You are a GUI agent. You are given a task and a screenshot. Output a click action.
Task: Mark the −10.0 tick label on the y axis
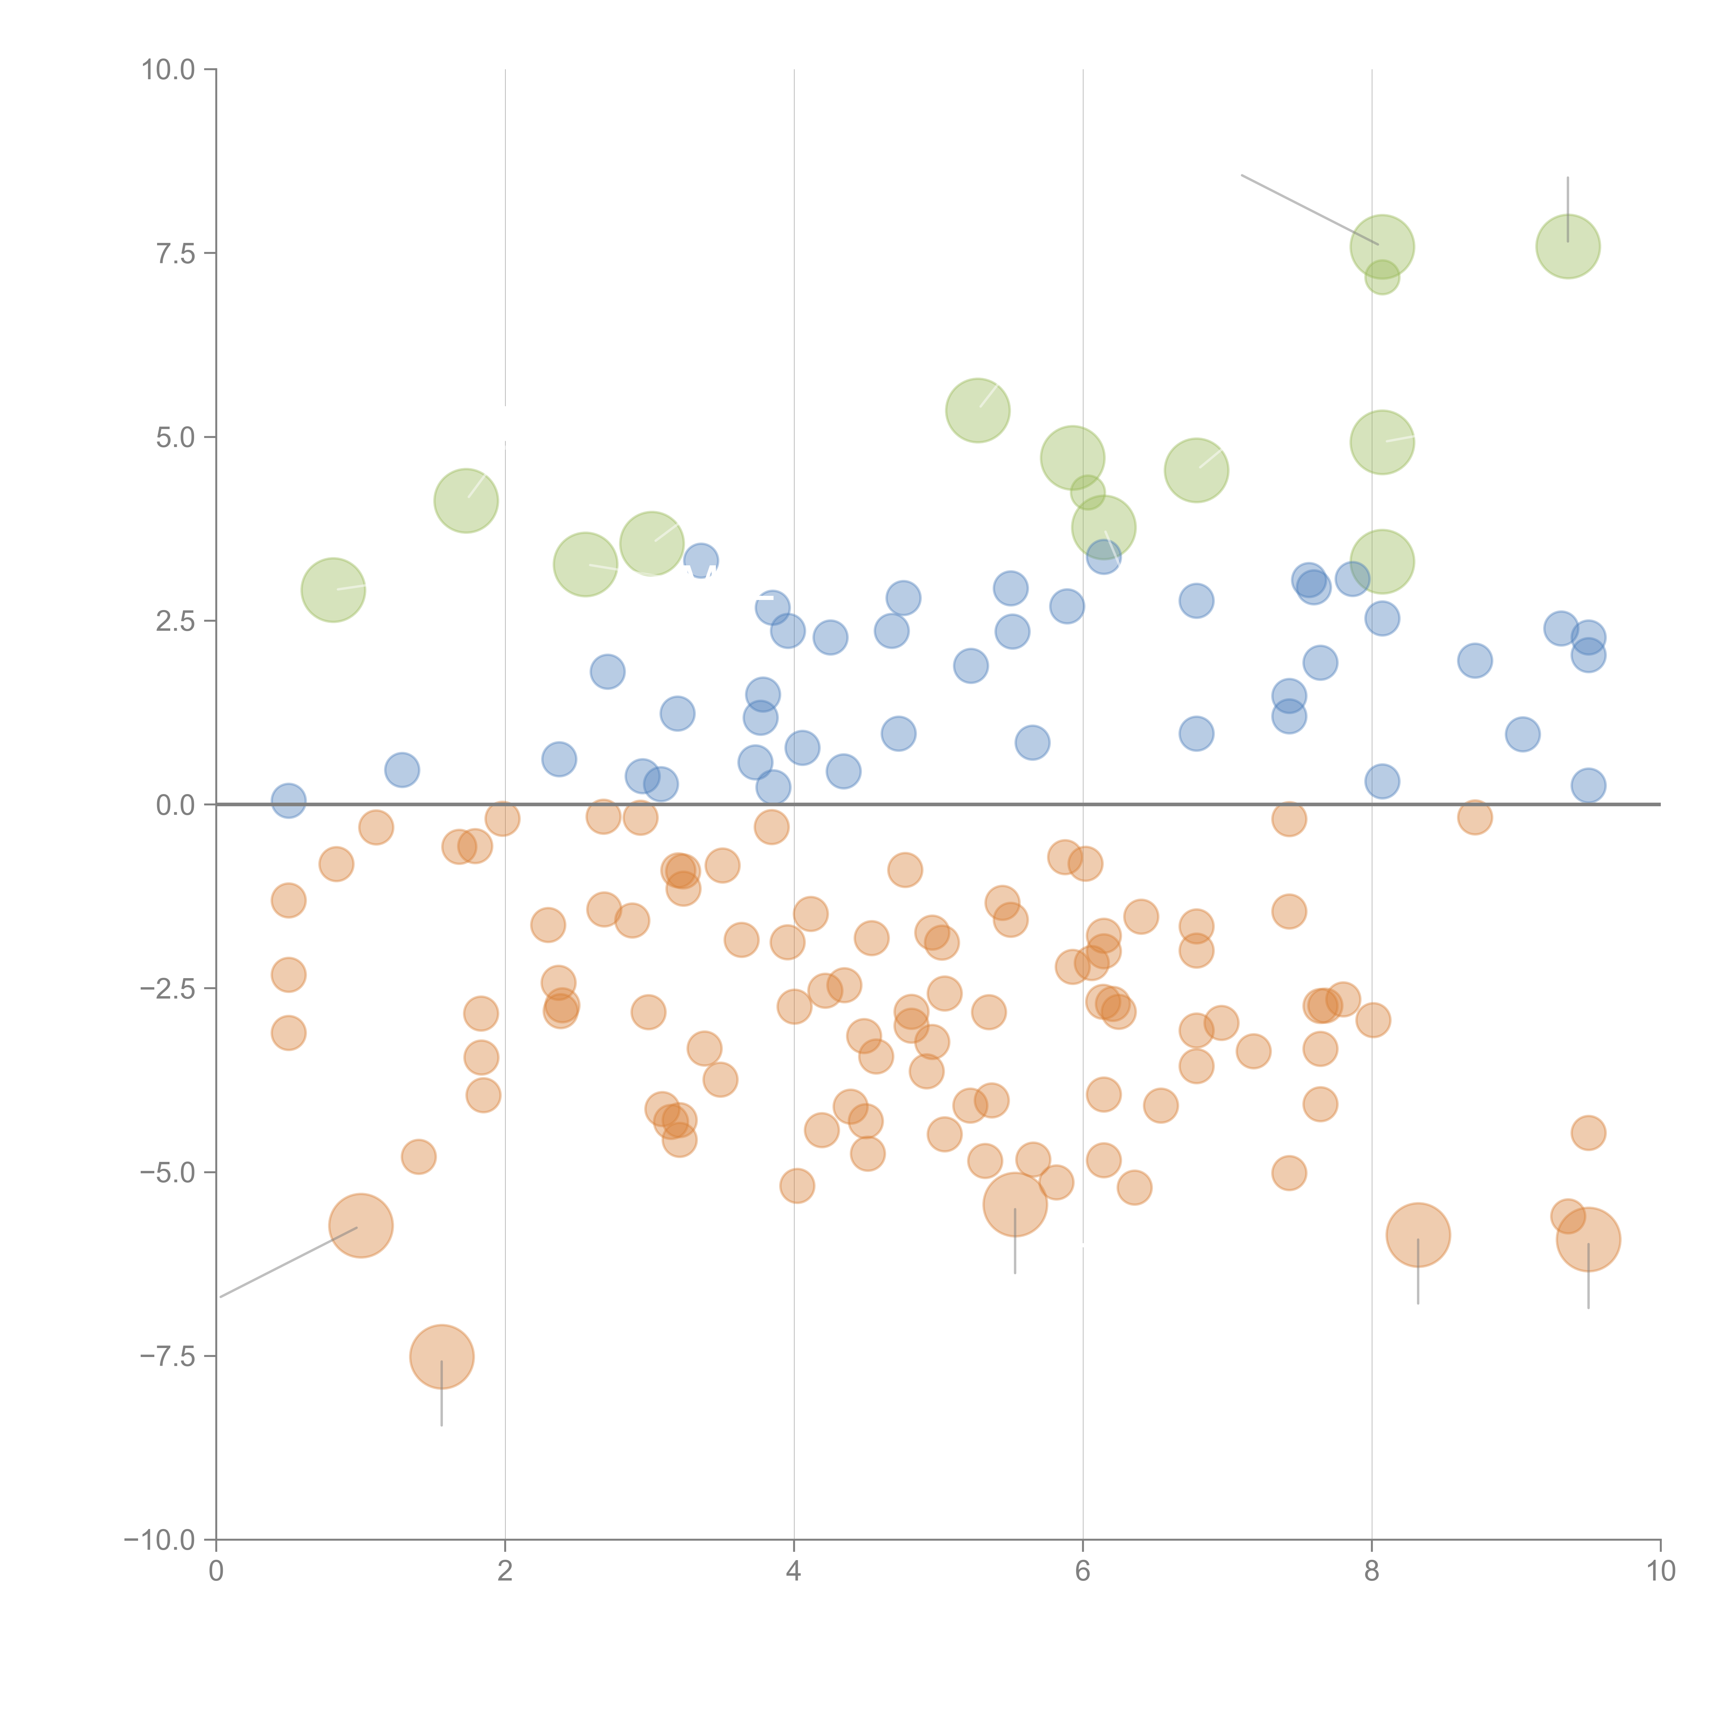coord(160,1540)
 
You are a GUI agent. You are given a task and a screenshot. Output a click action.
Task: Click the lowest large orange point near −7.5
coord(441,1357)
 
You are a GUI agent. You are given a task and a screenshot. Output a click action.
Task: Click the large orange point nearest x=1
coord(361,1226)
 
